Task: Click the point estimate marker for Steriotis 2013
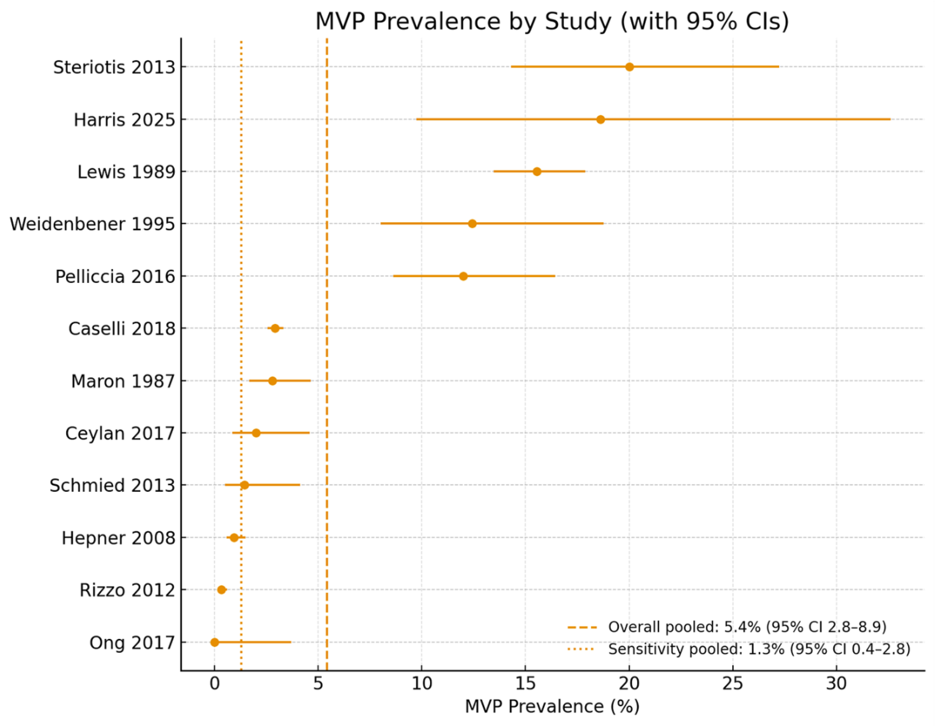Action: (x=629, y=67)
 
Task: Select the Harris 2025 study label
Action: (x=124, y=120)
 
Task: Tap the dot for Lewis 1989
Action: (x=537, y=172)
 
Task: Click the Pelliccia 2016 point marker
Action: (x=463, y=276)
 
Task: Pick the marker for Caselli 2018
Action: (x=275, y=328)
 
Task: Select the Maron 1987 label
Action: (x=123, y=381)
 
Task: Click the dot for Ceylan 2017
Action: (x=256, y=433)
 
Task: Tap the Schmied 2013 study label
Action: (x=112, y=485)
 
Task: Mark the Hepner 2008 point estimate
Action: (x=234, y=538)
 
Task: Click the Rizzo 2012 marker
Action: (x=221, y=590)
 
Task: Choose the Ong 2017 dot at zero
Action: (x=214, y=643)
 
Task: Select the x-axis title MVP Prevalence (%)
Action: (x=552, y=706)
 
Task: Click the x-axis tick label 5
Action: (x=318, y=684)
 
